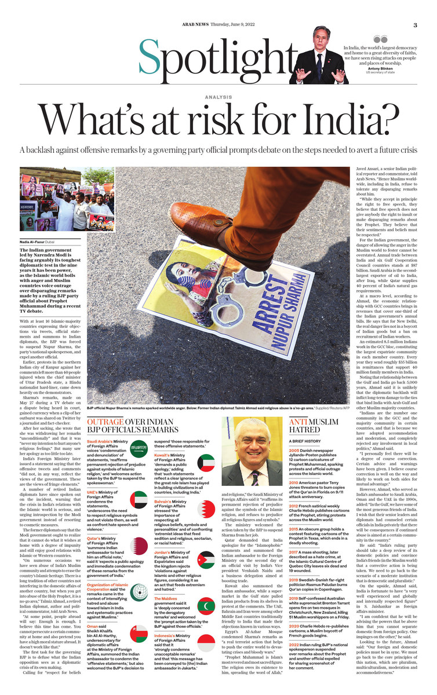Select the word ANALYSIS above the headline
(218, 97)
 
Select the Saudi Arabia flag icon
(139, 449)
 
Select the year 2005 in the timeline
(294, 449)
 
